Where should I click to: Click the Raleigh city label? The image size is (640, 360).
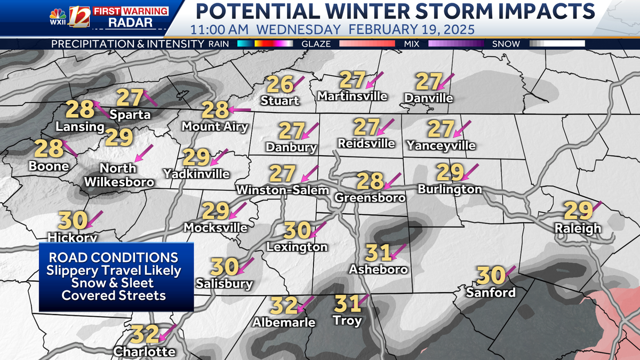pyautogui.click(x=578, y=228)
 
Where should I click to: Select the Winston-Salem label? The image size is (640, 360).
pyautogui.click(x=283, y=190)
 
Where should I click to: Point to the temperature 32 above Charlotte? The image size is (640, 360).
pyautogui.click(x=145, y=334)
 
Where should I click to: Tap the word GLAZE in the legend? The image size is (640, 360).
pyautogui.click(x=316, y=44)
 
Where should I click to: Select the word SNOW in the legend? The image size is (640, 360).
pyautogui.click(x=506, y=44)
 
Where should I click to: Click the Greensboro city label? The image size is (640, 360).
pyautogui.click(x=370, y=197)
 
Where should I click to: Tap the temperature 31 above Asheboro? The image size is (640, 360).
pyautogui.click(x=379, y=252)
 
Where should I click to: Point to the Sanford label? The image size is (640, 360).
pyautogui.click(x=491, y=292)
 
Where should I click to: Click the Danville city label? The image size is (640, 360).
pyautogui.click(x=429, y=98)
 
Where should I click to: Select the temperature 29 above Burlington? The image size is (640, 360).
pyautogui.click(x=450, y=172)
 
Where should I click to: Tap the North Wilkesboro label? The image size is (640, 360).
pyautogui.click(x=118, y=175)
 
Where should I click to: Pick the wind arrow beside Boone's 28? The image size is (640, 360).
pyautogui.click(x=70, y=148)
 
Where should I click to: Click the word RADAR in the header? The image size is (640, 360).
pyautogui.click(x=130, y=22)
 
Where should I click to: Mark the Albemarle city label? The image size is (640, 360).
pyautogui.click(x=284, y=322)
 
